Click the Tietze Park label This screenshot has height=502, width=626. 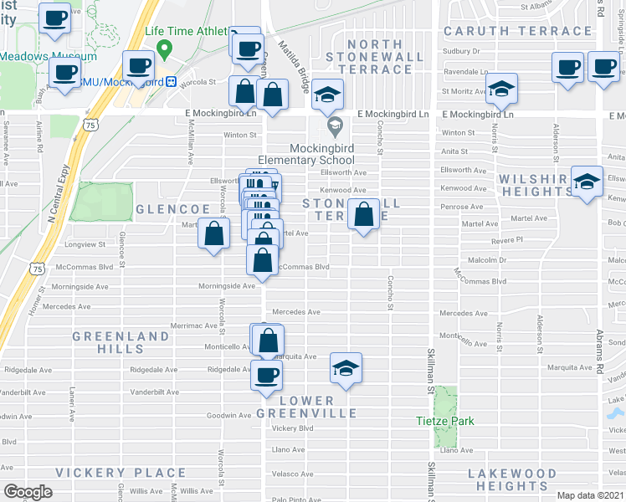pyautogui.click(x=447, y=421)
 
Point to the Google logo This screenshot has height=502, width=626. pyautogui.click(x=28, y=492)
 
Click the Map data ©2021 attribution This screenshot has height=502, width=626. pyautogui.click(x=589, y=495)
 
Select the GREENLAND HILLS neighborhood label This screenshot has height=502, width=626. pyautogui.click(x=121, y=343)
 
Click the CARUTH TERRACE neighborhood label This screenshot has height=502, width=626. pyautogui.click(x=518, y=31)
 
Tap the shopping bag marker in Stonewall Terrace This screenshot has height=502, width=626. pyautogui.click(x=364, y=214)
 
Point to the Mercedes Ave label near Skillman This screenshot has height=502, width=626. pyautogui.click(x=463, y=313)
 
